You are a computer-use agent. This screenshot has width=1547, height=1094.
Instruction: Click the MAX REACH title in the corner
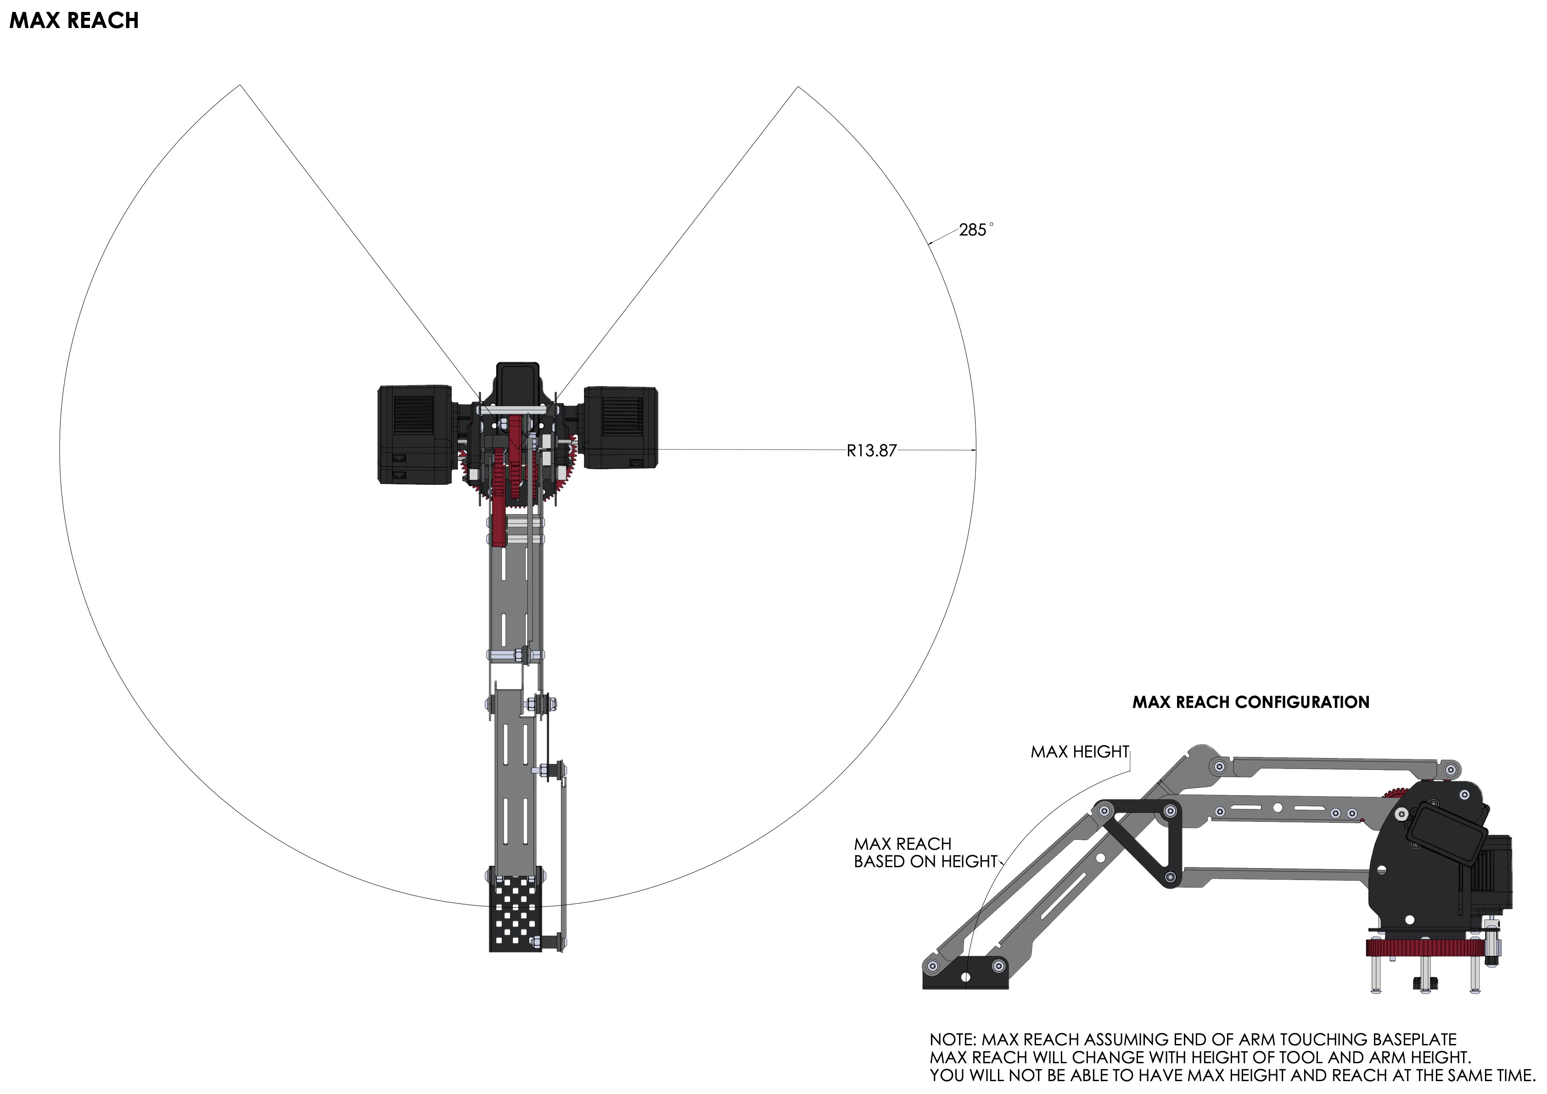tap(74, 21)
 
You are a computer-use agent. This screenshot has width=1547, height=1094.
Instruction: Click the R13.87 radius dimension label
tap(871, 451)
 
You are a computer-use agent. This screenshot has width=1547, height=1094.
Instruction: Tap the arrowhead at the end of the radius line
tap(972, 449)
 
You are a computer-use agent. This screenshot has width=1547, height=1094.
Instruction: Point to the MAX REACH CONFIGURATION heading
tap(1250, 702)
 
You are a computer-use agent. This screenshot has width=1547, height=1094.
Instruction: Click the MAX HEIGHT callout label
tap(1079, 752)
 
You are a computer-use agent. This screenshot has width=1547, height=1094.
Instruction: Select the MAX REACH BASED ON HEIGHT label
tap(925, 853)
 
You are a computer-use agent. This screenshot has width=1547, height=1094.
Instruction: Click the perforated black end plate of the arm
tap(516, 914)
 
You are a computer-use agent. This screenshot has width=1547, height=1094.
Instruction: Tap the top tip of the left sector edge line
tap(241, 85)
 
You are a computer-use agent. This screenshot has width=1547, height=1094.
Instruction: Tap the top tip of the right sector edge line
tap(798, 87)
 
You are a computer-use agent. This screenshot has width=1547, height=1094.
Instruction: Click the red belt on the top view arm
tap(499, 499)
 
